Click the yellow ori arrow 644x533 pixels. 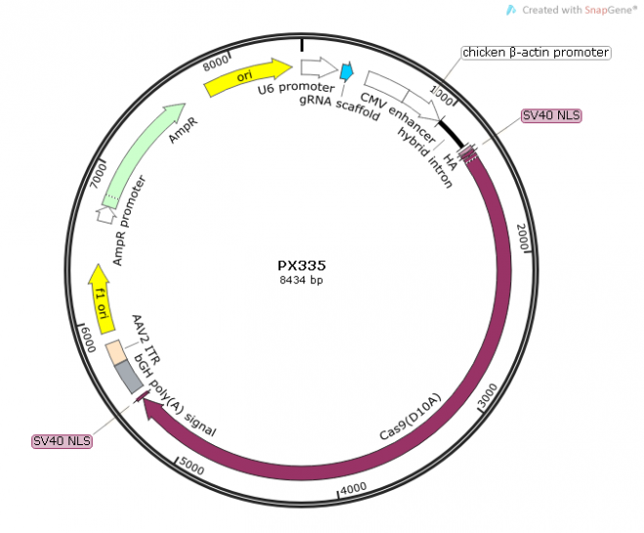click(248, 76)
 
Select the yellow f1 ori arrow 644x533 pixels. click(100, 293)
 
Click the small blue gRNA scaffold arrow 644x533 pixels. click(345, 71)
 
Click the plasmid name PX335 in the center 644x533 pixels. click(301, 265)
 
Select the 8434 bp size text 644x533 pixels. click(301, 280)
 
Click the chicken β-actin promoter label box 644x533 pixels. click(535, 52)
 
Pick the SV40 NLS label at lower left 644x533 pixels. click(62, 440)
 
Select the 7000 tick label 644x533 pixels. click(98, 177)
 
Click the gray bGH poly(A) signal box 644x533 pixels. click(128, 378)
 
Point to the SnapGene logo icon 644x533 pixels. click(510, 9)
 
